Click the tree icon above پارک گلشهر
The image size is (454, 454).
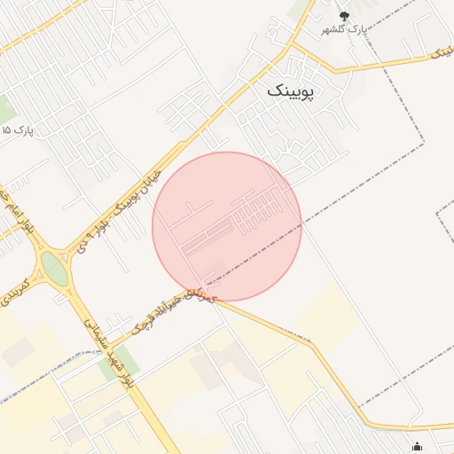345,16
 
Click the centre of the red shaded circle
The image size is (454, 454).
227,227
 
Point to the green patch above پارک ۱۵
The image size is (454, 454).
5,109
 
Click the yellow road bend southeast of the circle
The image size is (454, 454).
312,343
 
